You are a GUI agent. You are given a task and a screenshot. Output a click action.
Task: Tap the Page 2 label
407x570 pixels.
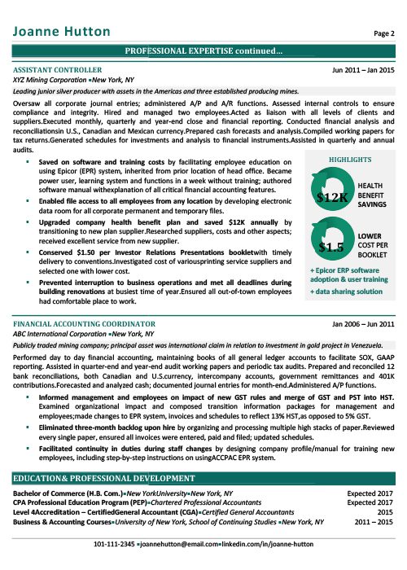coord(383,33)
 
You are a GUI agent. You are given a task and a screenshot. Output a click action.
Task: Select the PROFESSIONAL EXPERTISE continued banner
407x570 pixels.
coord(203,52)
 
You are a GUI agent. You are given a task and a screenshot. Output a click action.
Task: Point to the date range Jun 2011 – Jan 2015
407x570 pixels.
coord(363,71)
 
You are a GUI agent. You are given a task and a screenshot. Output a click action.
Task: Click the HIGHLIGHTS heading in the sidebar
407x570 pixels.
coord(350,160)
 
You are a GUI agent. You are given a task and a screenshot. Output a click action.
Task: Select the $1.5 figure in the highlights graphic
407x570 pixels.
coord(330,246)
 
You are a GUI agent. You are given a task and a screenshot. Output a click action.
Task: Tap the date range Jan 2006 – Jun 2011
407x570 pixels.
coord(363,324)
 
